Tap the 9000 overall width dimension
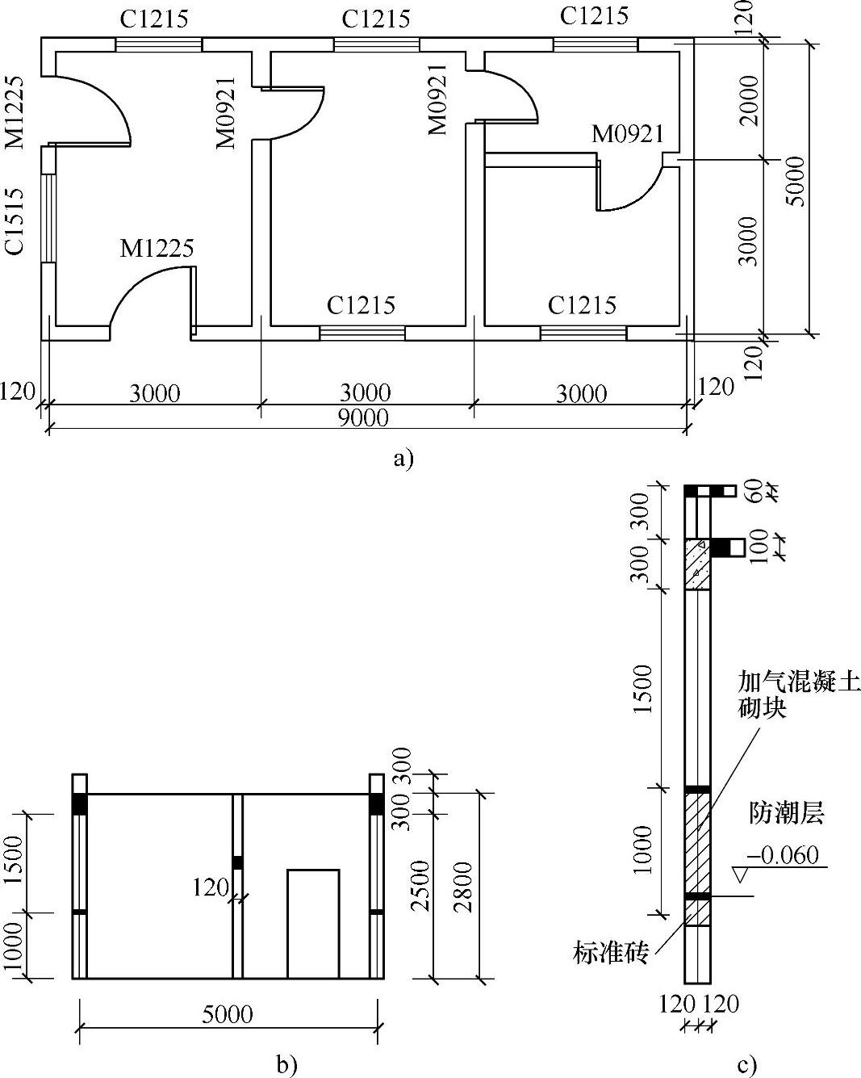[x=364, y=417]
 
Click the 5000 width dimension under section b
[x=228, y=1014]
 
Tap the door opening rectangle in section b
[x=313, y=924]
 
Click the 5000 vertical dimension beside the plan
[x=796, y=182]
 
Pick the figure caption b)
[x=286, y=1064]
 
